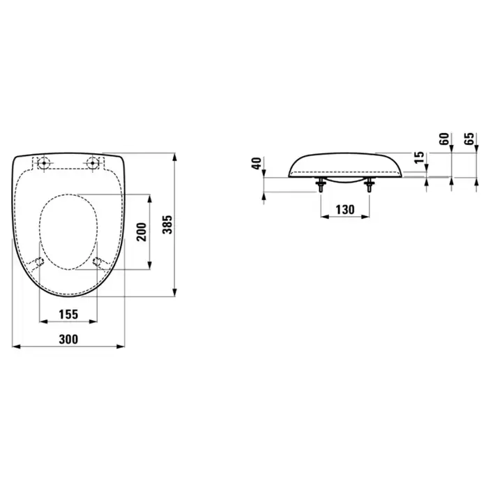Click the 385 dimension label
click(x=168, y=224)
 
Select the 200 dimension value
click(x=142, y=232)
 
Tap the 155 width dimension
click(x=68, y=314)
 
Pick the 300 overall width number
click(x=68, y=340)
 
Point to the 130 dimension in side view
click(x=345, y=209)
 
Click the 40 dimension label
click(x=257, y=163)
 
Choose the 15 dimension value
click(x=420, y=157)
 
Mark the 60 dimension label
click(x=445, y=139)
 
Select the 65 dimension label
click(x=469, y=139)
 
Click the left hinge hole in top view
click(x=43, y=162)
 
